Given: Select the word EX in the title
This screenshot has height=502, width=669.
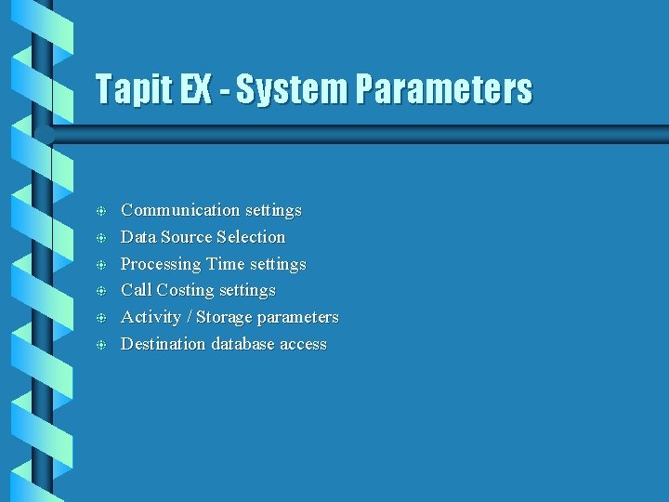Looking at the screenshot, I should pyautogui.click(x=203, y=90).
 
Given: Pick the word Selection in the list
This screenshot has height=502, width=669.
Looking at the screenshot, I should pyautogui.click(x=252, y=237).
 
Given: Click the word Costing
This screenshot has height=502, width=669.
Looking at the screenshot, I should pyautogui.click(x=189, y=290).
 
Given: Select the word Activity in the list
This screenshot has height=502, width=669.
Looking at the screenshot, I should pyautogui.click(x=151, y=317).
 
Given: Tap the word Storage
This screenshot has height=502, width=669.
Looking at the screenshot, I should pyautogui.click(x=224, y=317).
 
